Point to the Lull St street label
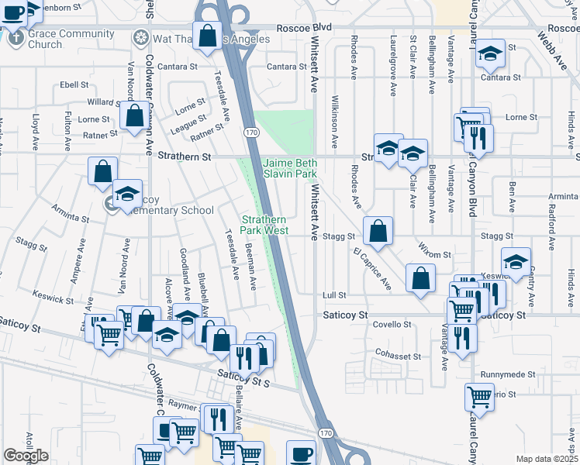333,295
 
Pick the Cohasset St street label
397,356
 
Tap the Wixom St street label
436,254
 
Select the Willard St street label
102,102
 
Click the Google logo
26,456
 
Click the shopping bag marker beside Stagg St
378,231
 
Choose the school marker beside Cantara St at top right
489,53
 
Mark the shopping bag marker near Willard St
135,116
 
